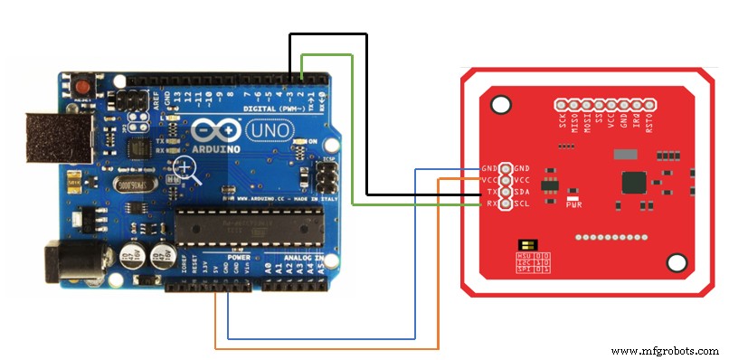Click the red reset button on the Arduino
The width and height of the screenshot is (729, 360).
pos(84,86)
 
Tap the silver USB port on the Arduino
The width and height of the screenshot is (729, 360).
pos(53,137)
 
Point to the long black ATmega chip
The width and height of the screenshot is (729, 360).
pos(248,223)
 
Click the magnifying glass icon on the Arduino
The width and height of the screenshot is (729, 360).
pos(186,167)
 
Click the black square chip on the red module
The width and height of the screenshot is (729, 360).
pos(634,182)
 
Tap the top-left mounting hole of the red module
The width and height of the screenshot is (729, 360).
pos(497,102)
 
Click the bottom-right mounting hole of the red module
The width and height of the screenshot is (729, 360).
pos(675,263)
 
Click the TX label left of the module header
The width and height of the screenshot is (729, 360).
pos(490,193)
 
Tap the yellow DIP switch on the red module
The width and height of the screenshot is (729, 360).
pos(525,244)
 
